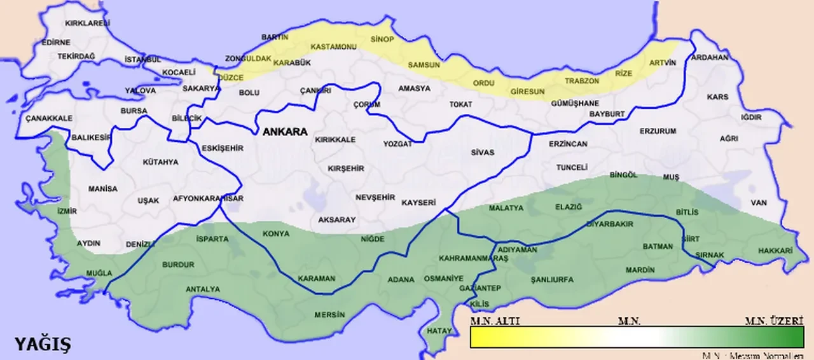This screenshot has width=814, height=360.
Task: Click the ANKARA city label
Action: (285, 132)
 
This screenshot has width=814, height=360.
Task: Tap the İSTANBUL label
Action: (143, 59)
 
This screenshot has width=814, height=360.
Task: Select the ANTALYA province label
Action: (202, 289)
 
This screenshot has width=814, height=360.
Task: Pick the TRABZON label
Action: (582, 81)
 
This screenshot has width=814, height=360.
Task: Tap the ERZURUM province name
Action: (658, 131)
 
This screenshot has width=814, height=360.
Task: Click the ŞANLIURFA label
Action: (552, 279)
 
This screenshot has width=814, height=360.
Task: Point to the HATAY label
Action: (439, 331)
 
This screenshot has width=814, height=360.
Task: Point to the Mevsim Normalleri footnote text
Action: (757, 355)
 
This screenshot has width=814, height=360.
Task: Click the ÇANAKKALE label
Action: (49, 118)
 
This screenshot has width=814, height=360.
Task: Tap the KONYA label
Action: (276, 233)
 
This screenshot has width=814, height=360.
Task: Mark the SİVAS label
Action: (483, 153)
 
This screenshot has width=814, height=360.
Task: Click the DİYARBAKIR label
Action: (609, 224)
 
